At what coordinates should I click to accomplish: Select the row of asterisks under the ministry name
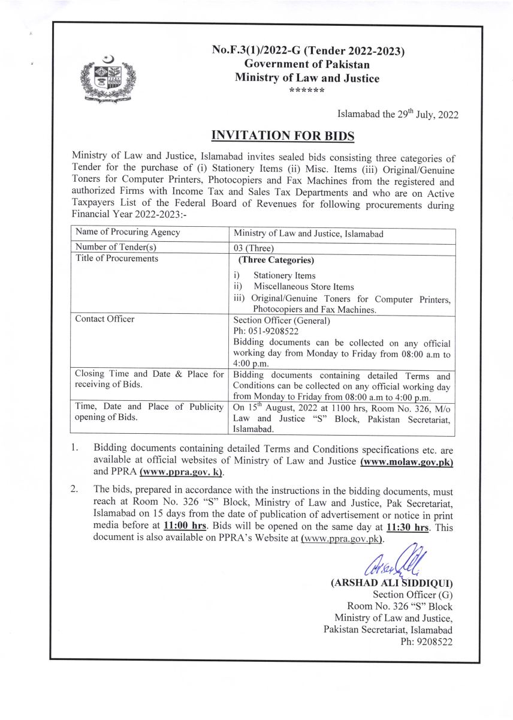[x=306, y=91]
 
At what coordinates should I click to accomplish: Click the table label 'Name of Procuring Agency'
[x=127, y=232]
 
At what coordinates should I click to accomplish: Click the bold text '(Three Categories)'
[x=276, y=260]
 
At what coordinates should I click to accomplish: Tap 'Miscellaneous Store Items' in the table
[x=303, y=287]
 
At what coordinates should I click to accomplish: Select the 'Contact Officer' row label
[x=105, y=319]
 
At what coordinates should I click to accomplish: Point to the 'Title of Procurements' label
[x=117, y=259]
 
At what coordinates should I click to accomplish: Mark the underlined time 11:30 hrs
[x=409, y=527]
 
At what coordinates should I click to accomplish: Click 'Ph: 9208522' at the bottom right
[x=426, y=641]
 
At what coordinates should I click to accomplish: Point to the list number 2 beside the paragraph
[x=74, y=490]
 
